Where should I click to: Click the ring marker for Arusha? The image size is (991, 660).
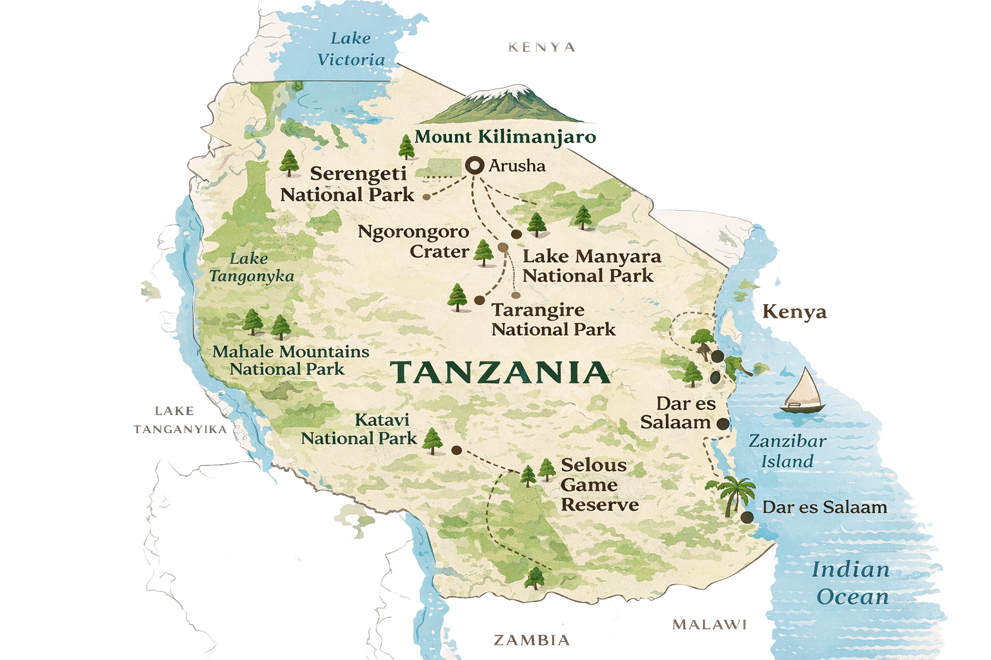coord(475,166)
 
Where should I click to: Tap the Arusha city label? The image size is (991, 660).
coord(517,166)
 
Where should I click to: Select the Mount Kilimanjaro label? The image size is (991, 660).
coord(505,137)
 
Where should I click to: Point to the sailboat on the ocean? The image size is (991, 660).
coord(803,391)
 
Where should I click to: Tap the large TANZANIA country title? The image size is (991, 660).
coord(500,373)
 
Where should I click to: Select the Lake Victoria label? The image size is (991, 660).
coord(351,49)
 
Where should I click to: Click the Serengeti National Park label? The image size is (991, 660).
coord(348,184)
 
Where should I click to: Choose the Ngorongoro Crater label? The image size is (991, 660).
coord(414,241)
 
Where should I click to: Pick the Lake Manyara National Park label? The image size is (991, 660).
coord(591,266)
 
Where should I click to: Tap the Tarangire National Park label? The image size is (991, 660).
coord(553,319)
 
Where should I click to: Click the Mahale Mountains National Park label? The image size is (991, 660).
coord(290,360)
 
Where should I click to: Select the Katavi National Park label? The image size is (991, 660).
coord(359,429)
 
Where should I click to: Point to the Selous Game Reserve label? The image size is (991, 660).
coord(599,485)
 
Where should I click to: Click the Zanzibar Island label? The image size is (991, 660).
coord(787,451)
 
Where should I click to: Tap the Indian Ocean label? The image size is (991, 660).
coord(852,583)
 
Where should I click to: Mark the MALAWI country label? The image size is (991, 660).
coord(709,625)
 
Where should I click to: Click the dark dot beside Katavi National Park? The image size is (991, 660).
coord(456,451)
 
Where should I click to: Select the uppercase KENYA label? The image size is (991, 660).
coord(541,47)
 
